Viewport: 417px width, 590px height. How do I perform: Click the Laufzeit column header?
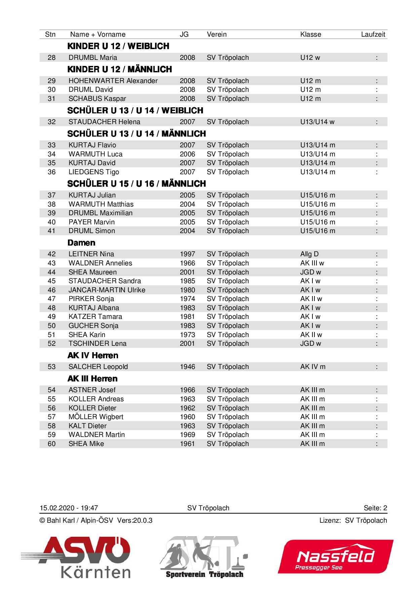[373, 34]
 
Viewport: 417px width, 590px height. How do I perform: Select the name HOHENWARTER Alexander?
[113, 81]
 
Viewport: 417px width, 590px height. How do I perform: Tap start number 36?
[51, 172]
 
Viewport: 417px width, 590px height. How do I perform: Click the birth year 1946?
[187, 367]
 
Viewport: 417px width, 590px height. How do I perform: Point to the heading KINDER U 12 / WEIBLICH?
[118, 46]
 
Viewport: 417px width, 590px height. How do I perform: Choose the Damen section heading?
[81, 243]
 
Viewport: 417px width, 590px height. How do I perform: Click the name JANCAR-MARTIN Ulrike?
[107, 290]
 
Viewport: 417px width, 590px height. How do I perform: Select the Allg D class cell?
[309, 254]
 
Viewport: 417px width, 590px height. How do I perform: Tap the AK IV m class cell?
[313, 367]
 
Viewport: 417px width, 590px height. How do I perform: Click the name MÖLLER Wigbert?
[96, 417]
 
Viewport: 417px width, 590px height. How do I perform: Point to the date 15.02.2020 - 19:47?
[69, 508]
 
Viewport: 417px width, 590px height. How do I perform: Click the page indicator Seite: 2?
[375, 508]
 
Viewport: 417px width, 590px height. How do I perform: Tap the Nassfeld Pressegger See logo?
[336, 557]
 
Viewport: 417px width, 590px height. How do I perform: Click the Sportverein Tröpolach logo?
[204, 557]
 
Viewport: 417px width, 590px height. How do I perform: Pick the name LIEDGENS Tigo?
[94, 172]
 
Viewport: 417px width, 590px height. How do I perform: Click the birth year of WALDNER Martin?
[187, 435]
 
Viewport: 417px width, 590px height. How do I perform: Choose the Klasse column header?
[310, 34]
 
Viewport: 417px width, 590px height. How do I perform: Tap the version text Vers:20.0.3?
[135, 520]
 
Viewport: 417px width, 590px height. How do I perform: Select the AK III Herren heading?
[92, 379]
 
